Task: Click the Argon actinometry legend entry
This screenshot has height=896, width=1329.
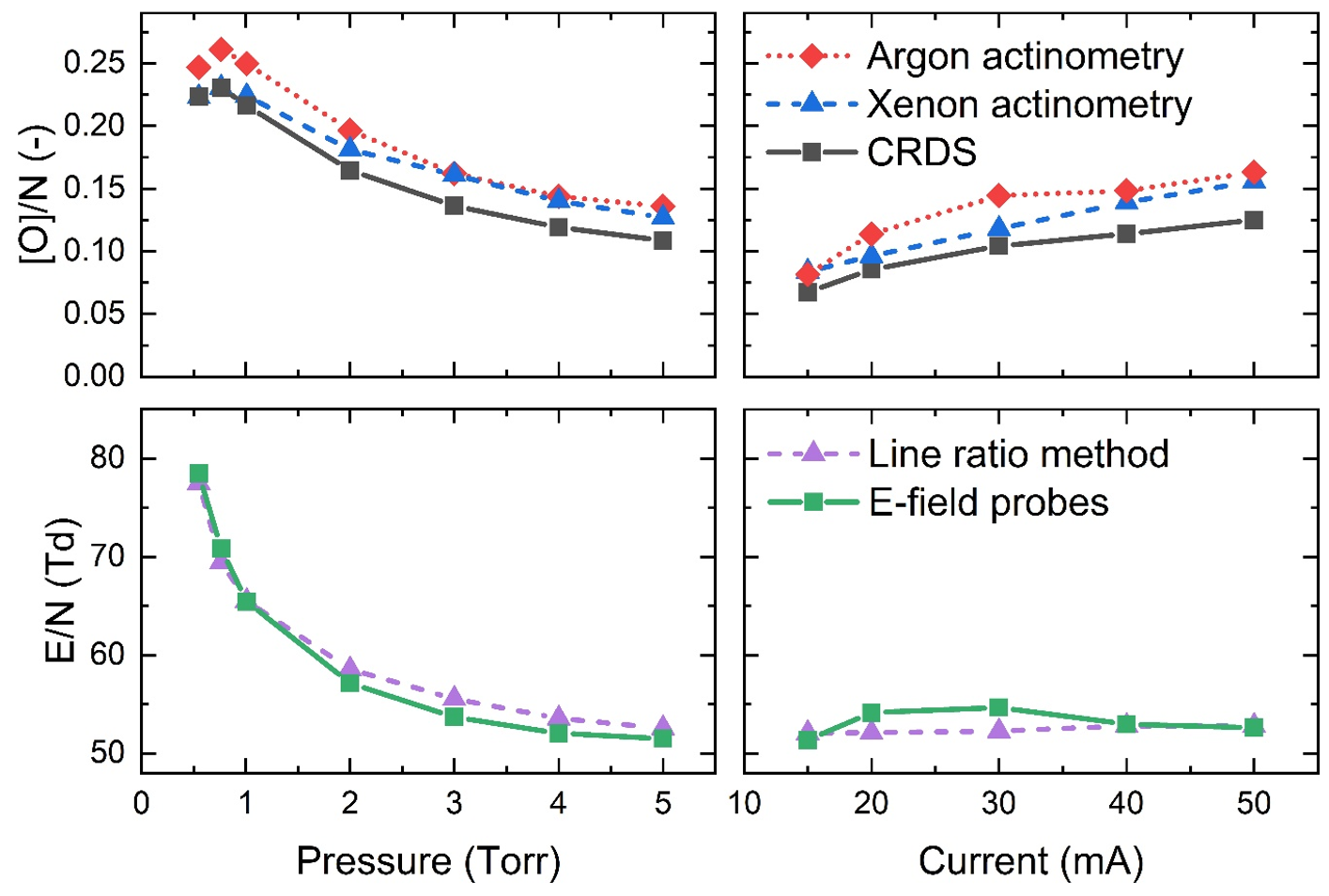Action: tap(1024, 56)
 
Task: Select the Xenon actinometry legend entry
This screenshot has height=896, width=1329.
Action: tap(1028, 104)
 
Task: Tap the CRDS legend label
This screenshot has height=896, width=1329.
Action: tap(921, 152)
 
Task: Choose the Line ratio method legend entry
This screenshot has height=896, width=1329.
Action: tap(1018, 454)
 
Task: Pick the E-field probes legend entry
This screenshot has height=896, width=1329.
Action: tap(988, 502)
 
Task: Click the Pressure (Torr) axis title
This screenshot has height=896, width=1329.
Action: tap(428, 860)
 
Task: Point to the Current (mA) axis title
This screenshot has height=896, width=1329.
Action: tap(1030, 860)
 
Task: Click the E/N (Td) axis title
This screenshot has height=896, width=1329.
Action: tap(61, 591)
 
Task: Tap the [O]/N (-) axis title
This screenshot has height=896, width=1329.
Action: tap(38, 193)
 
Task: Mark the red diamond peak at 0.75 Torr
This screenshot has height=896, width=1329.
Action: tap(222, 50)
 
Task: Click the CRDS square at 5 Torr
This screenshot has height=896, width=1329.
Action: tap(663, 240)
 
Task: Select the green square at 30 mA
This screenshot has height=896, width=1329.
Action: tap(998, 707)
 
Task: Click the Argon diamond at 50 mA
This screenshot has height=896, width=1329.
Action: tap(1254, 173)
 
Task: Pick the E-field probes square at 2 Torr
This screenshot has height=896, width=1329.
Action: tap(350, 682)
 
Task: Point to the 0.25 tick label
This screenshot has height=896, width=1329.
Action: tap(94, 64)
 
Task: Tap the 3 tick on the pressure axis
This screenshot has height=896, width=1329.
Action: tap(455, 804)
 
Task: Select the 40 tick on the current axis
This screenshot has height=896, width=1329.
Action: tap(1126, 804)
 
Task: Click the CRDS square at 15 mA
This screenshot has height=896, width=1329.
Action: tap(808, 292)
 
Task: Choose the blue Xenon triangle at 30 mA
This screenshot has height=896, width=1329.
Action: tap(998, 226)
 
